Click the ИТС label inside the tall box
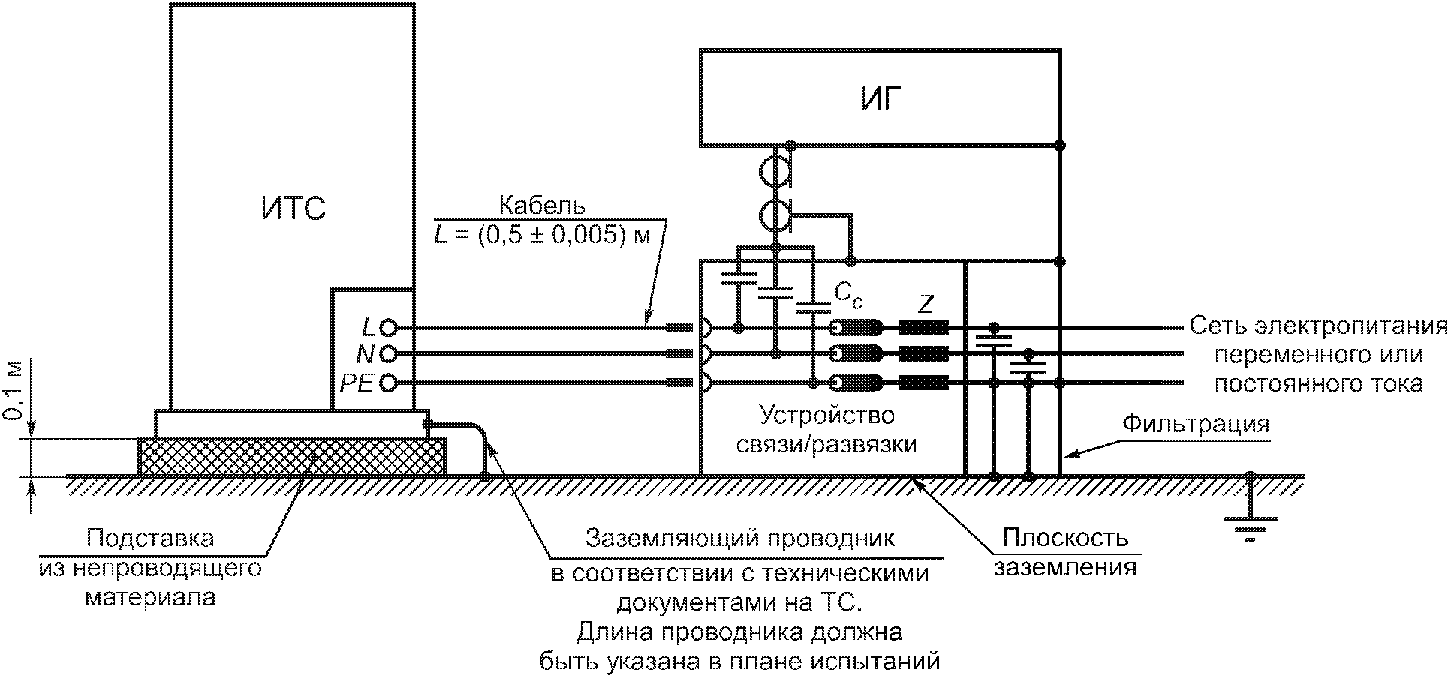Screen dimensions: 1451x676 pyautogui.click(x=294, y=208)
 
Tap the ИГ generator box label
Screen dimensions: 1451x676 pyautogui.click(x=881, y=98)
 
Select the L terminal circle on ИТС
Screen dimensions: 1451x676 pyautogui.click(x=388, y=327)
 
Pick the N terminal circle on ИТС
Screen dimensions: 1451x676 pyautogui.click(x=388, y=353)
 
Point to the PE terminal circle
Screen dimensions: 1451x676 pyautogui.click(x=388, y=383)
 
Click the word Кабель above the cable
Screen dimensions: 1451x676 pyautogui.click(x=542, y=205)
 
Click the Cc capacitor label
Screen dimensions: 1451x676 pyautogui.click(x=848, y=295)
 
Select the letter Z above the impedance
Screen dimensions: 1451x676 pyautogui.click(x=926, y=304)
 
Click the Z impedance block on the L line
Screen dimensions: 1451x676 pyautogui.click(x=924, y=327)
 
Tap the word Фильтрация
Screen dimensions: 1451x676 pyautogui.click(x=1196, y=424)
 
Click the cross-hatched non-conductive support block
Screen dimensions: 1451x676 pyautogui.click(x=292, y=456)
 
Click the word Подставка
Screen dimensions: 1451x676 pyautogui.click(x=150, y=538)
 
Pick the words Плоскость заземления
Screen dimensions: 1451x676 pyautogui.click(x=1065, y=552)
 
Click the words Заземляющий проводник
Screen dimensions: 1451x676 pyautogui.click(x=740, y=538)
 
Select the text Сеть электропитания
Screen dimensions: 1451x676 pyautogui.click(x=1318, y=326)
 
